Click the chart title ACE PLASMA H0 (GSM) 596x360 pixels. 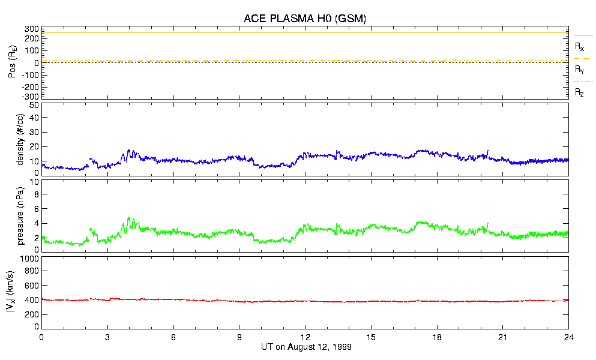coord(305,19)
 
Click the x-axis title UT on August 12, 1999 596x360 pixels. coord(305,347)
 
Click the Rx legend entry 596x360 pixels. coord(580,46)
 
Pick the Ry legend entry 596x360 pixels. coord(580,69)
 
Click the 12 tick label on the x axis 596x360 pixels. coord(305,337)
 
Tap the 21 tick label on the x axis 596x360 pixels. coord(503,337)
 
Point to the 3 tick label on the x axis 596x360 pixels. coord(107,337)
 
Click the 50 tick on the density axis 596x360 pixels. coord(34,105)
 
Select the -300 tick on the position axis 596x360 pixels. coord(31,96)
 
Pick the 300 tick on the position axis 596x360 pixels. coord(32,29)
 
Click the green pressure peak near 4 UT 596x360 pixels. coord(128,218)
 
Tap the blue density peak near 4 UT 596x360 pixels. coord(128,151)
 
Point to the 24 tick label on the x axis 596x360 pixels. coord(568,337)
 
